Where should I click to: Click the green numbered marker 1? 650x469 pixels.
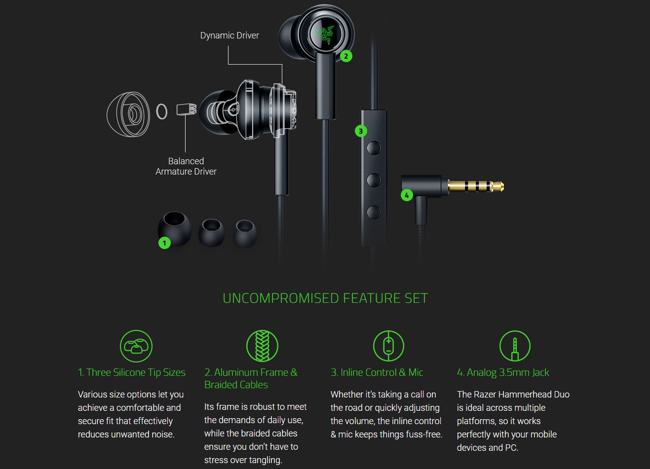[x=164, y=243]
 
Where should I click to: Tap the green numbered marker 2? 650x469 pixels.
[x=346, y=56]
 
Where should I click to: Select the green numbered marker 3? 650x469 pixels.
[x=361, y=131]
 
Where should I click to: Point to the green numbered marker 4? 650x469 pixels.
[x=406, y=195]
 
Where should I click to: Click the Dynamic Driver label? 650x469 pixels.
[x=229, y=36]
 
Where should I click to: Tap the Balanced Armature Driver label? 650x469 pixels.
[x=186, y=166]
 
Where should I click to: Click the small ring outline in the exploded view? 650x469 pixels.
[x=161, y=111]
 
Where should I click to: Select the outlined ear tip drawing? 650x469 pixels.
[x=128, y=114]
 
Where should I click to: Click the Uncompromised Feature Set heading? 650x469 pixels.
[x=325, y=298]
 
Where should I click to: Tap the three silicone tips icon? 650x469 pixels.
[x=136, y=346]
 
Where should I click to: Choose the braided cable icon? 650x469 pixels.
[x=262, y=346]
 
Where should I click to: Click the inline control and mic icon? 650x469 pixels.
[x=388, y=346]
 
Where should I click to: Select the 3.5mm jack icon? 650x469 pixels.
[x=515, y=346]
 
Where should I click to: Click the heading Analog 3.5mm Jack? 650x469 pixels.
[x=503, y=372]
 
